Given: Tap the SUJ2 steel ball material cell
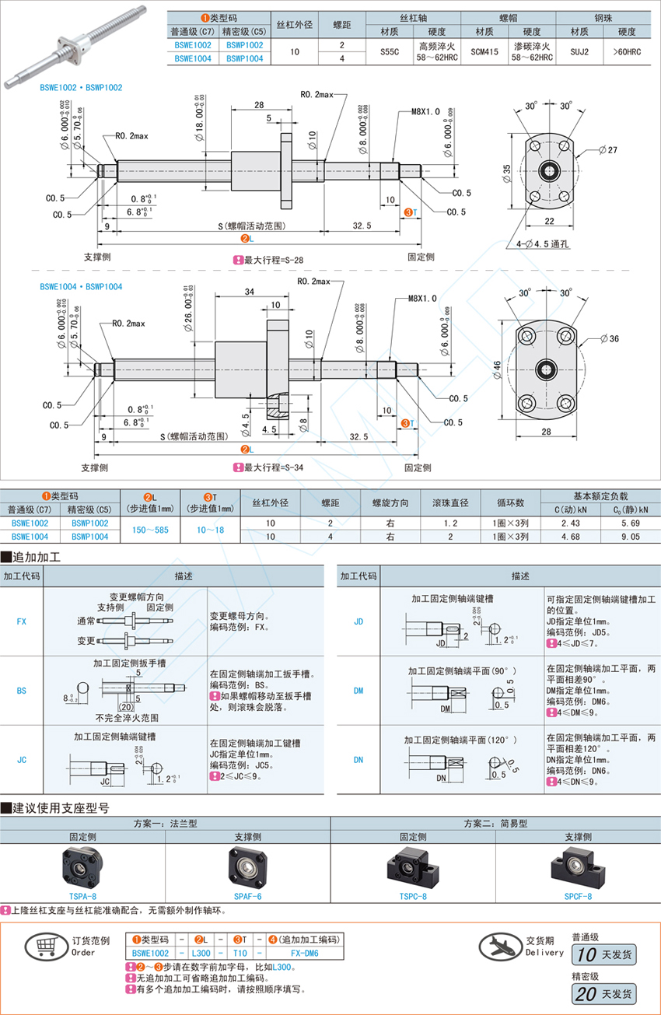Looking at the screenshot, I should [x=579, y=51].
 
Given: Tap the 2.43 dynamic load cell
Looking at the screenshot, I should [x=569, y=523].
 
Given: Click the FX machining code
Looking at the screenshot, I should [x=22, y=621].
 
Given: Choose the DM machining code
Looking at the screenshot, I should [x=358, y=690].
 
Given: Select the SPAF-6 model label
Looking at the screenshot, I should [x=248, y=895].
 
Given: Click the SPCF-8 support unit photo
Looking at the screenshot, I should [x=578, y=865].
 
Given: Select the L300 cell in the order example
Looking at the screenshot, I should [x=201, y=953].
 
